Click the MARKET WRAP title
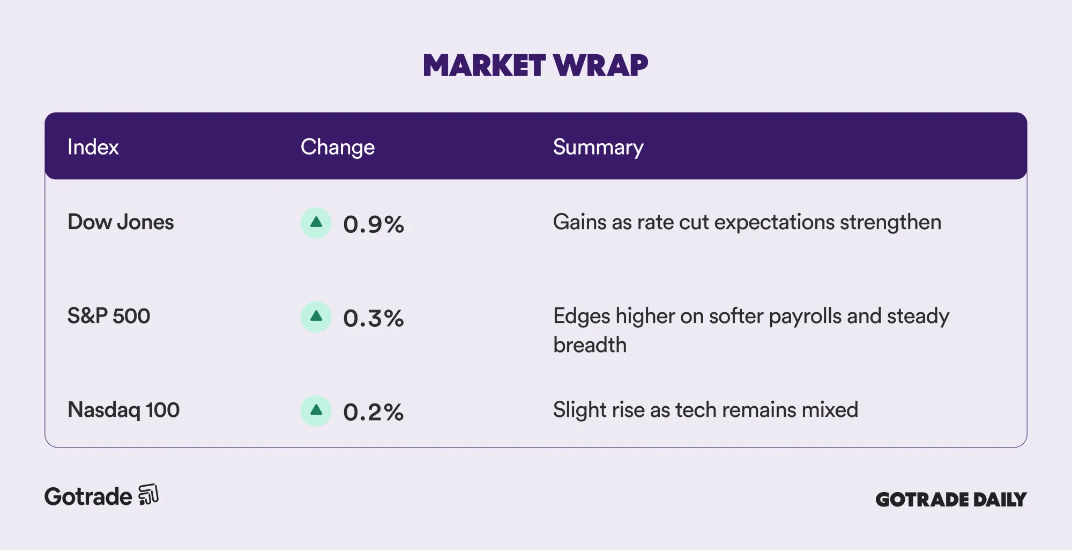[535, 65]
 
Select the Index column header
[93, 147]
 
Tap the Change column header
[338, 148]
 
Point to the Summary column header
[598, 148]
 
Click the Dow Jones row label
[121, 222]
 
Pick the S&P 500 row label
[109, 316]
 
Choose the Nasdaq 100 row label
[123, 410]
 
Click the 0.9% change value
[374, 224]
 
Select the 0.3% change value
[374, 318]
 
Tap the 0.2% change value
[374, 412]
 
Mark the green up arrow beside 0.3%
[316, 317]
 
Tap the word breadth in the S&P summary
[590, 345]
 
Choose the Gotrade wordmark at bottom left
[88, 497]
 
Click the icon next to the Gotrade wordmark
[148, 495]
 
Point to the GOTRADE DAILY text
[951, 500]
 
